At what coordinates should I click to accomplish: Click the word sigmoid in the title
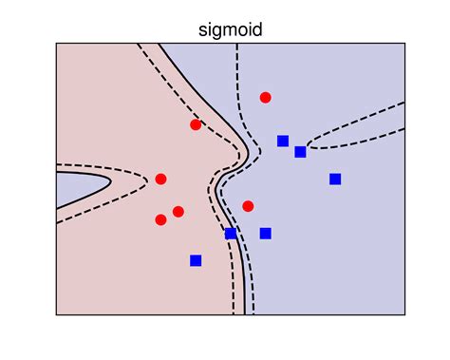coord(231,29)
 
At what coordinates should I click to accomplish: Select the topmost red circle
coord(266,97)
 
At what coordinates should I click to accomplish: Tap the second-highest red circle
coord(196,124)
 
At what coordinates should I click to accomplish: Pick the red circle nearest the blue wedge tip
coord(160,179)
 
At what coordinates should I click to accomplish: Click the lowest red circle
coord(160,219)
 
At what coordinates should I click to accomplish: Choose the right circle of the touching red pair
coord(178,211)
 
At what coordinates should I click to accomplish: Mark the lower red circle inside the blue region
coord(248,206)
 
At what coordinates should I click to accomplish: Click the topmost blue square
coord(283,142)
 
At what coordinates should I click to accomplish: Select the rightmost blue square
coord(335,179)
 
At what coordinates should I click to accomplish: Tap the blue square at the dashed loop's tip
coord(300,152)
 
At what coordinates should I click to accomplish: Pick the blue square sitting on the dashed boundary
coord(231,233)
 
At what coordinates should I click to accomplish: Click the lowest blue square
coord(196,260)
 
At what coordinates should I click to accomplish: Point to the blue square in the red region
coord(196,260)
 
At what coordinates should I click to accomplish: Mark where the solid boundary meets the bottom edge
coord(245,315)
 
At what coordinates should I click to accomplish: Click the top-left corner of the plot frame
coord(56,43)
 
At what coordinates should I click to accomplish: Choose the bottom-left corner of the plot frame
coord(56,315)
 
